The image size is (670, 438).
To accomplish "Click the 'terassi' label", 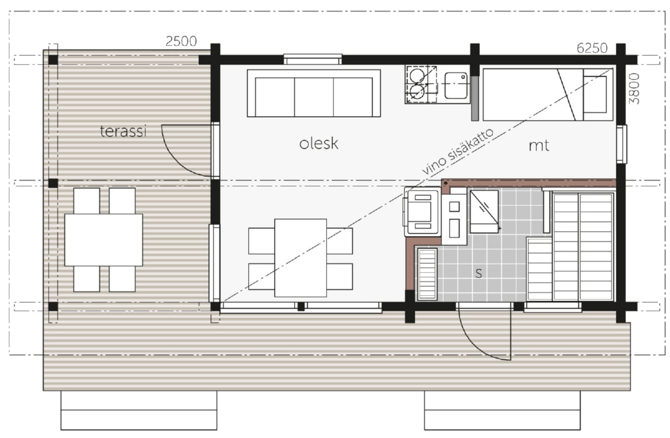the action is tap(123, 131).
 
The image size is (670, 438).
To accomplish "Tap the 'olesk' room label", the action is tap(318, 144).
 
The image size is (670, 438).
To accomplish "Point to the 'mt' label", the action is tap(539, 146).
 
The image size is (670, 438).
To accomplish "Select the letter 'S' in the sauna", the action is tap(479, 273).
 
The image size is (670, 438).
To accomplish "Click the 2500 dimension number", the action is tap(181, 41).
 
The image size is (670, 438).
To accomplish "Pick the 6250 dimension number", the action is tap(592, 48).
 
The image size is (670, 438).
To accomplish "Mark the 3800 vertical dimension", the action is tap(634, 89).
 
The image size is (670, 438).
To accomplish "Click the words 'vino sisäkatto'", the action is tap(457, 152).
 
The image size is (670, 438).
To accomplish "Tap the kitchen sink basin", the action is tap(456, 85).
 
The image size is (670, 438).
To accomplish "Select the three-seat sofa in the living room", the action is tap(314, 93).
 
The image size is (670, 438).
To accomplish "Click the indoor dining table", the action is tap(301, 258).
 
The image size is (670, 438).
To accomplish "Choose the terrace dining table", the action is tap(104, 240).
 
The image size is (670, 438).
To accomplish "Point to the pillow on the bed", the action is tap(595, 94).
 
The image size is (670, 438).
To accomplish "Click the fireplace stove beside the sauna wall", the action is tap(422, 211).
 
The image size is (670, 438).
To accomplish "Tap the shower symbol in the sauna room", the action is tap(484, 212).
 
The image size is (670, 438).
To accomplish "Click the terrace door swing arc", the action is tap(178, 158).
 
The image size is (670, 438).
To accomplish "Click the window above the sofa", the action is tap(313, 59).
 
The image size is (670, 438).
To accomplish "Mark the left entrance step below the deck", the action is tap(139, 410).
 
